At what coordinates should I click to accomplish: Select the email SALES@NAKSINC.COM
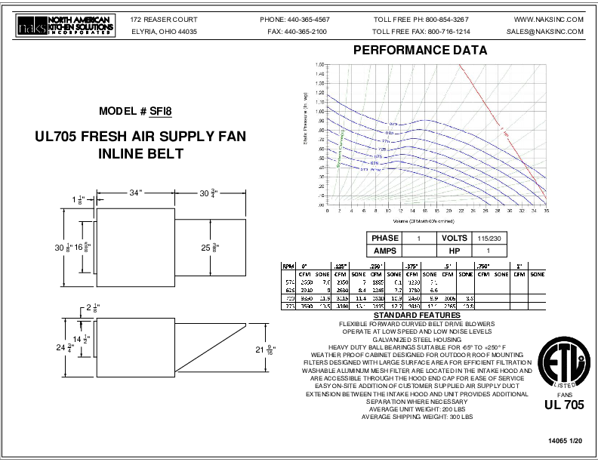545,32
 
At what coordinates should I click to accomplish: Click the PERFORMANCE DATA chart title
420,51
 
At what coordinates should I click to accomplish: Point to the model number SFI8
161,111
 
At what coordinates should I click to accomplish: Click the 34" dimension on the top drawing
136,193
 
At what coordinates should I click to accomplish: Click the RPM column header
288,266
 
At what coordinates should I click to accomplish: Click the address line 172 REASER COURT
164,18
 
